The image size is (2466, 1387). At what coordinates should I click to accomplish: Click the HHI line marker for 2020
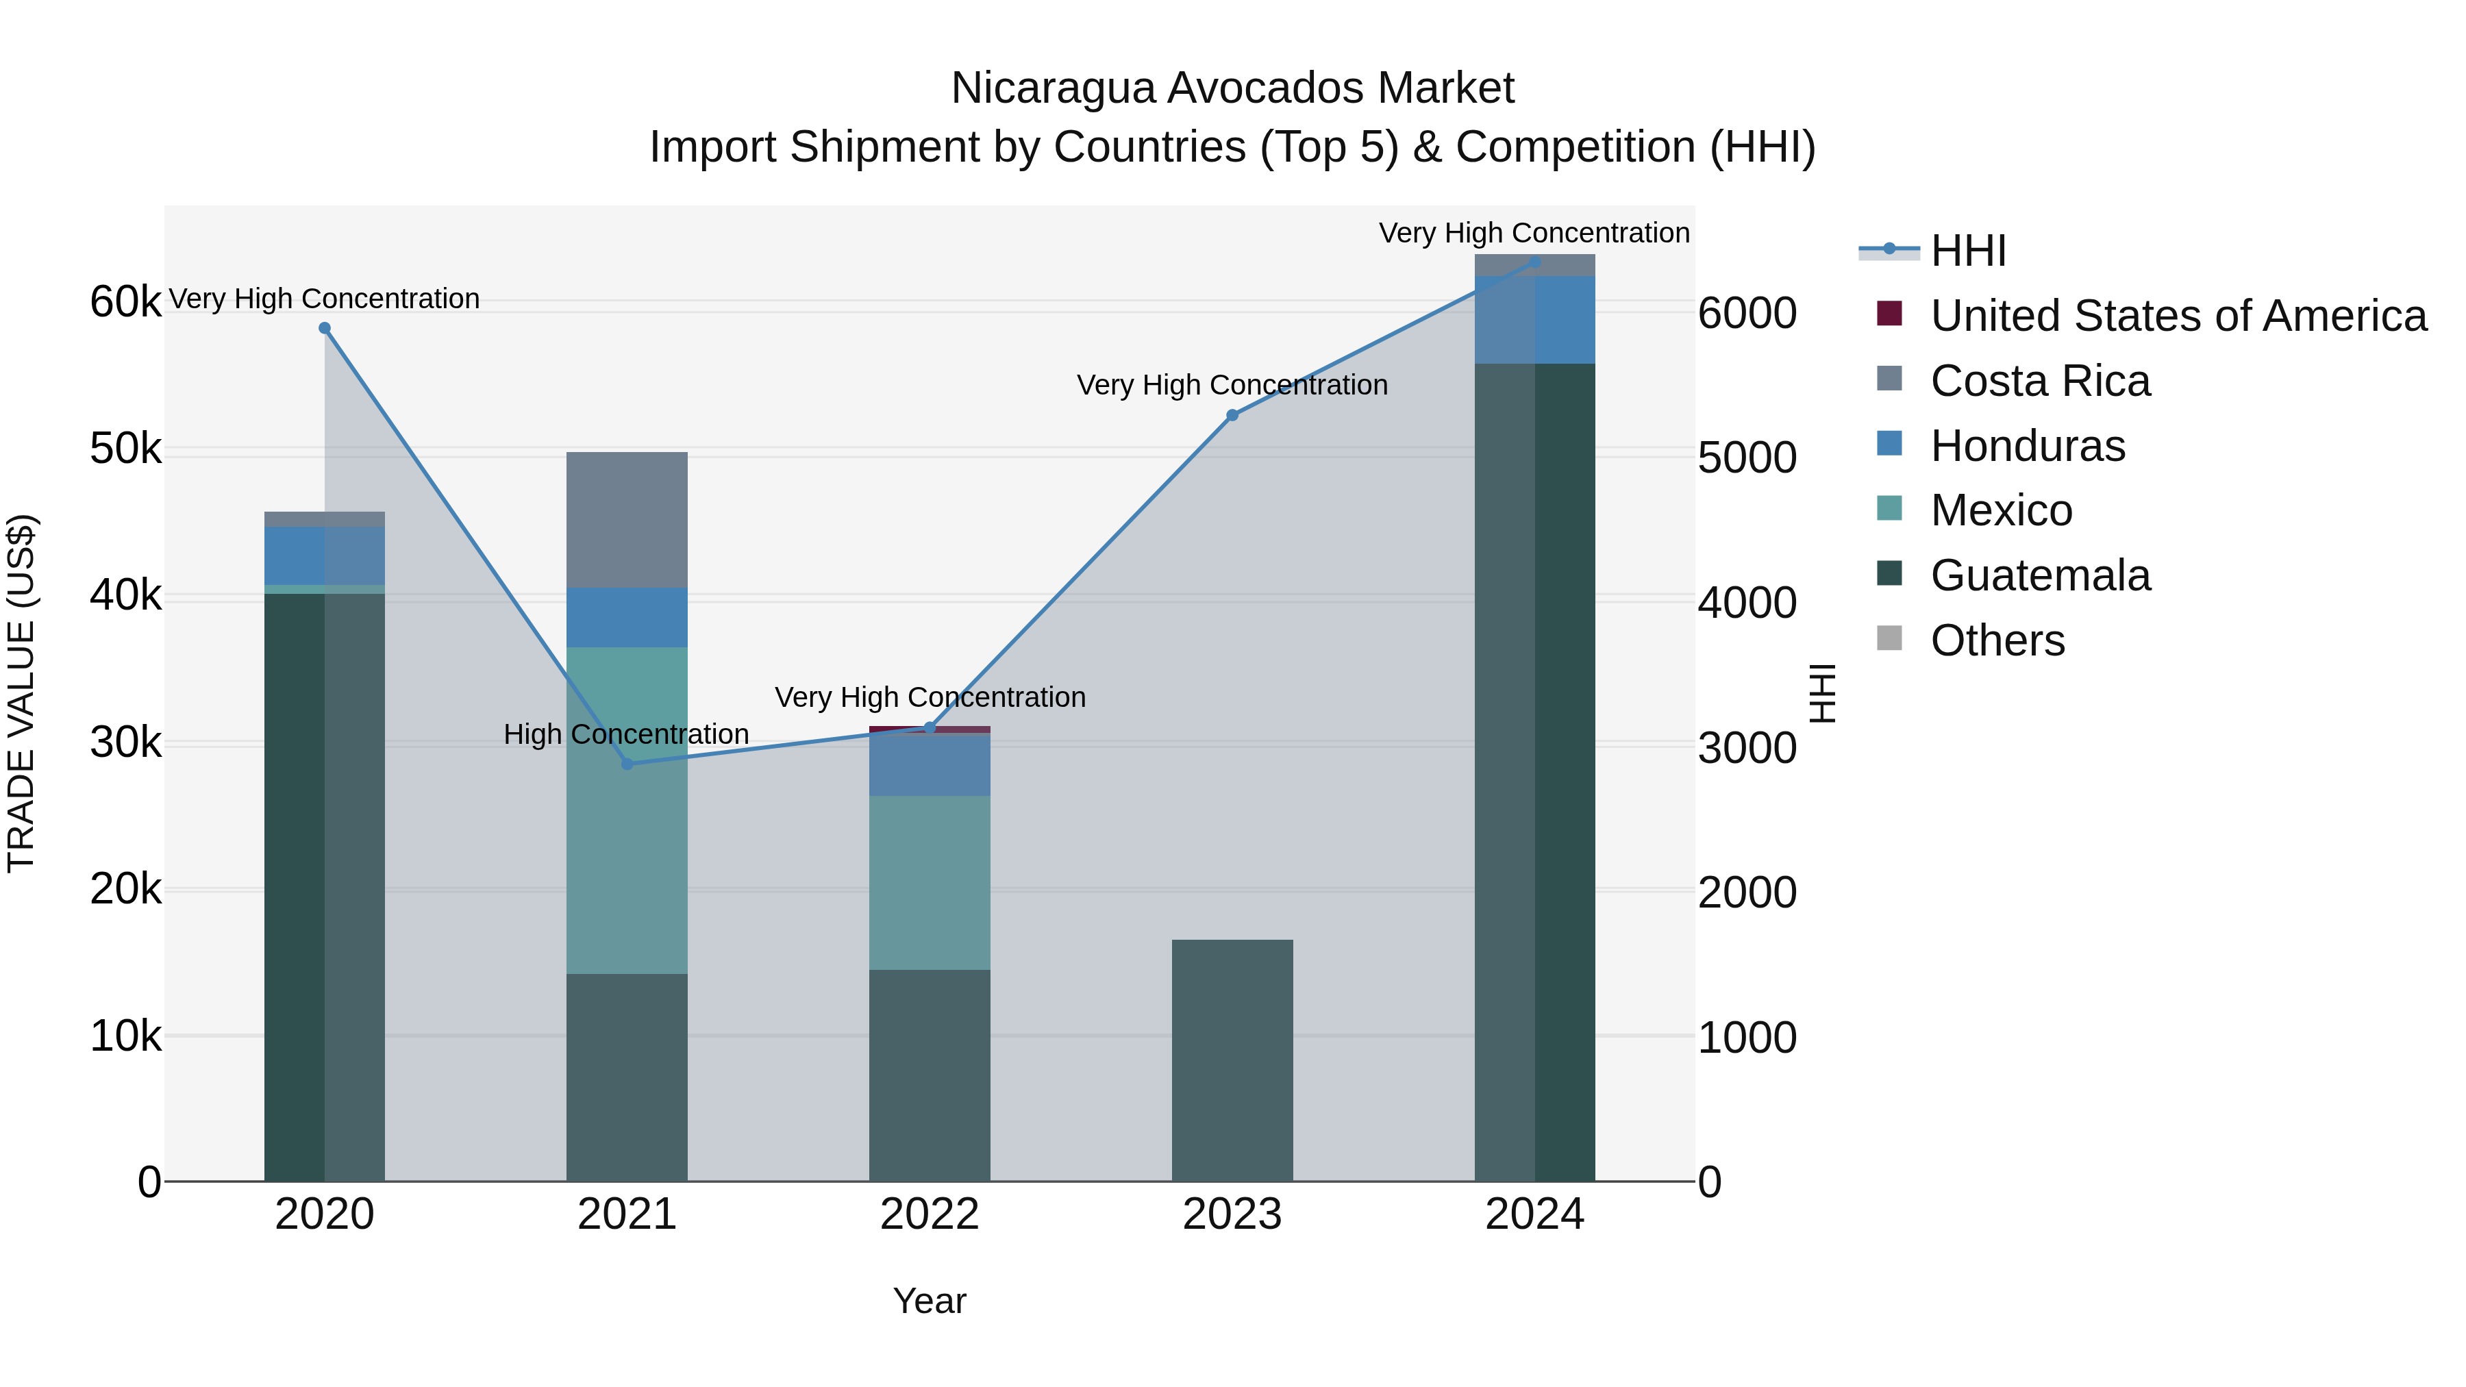pyautogui.click(x=325, y=328)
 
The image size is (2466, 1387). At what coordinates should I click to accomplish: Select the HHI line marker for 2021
pyautogui.click(x=627, y=764)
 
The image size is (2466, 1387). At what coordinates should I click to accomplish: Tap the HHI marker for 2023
pyautogui.click(x=1232, y=416)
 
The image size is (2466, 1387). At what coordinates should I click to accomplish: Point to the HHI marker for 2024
pyautogui.click(x=1534, y=262)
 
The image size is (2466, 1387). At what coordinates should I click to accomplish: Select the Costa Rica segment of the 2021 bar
pyautogui.click(x=627, y=520)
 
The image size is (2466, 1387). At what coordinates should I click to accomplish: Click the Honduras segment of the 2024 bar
pyautogui.click(x=1534, y=320)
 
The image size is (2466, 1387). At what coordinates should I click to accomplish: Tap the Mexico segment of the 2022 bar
pyautogui.click(x=930, y=883)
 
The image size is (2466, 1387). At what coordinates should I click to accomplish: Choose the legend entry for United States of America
pyautogui.click(x=2178, y=316)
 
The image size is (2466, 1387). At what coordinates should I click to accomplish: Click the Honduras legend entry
pyautogui.click(x=2028, y=446)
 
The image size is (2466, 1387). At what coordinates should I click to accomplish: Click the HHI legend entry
pyautogui.click(x=1967, y=251)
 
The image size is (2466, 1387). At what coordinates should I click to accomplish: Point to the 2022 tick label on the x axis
pyautogui.click(x=930, y=1214)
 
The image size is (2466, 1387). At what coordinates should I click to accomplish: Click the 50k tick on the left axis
pyautogui.click(x=125, y=449)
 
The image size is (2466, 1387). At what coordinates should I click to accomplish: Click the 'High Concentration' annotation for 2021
pyautogui.click(x=626, y=734)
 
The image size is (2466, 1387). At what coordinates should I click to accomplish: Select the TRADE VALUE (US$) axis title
pyautogui.click(x=21, y=693)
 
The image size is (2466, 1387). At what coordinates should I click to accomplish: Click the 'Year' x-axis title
pyautogui.click(x=930, y=1301)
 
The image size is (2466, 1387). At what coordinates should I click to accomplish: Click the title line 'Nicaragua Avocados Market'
pyautogui.click(x=1232, y=88)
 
